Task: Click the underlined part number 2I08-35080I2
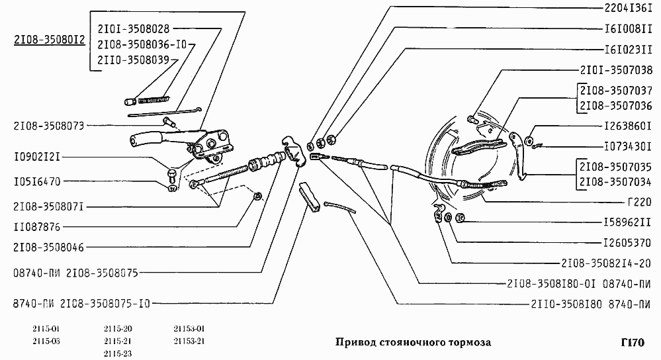pos(49,40)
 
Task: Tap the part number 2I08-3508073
pos(49,126)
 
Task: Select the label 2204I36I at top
pos(628,9)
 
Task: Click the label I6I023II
pos(628,49)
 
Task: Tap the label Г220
pos(640,202)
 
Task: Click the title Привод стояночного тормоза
pos(414,343)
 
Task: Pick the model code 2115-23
pos(118,353)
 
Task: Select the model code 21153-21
pos(189,341)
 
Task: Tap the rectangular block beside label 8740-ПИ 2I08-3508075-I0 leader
pos(310,197)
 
